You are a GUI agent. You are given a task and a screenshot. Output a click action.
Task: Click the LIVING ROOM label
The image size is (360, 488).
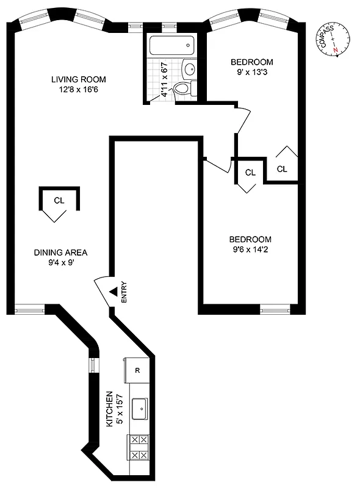(79, 79)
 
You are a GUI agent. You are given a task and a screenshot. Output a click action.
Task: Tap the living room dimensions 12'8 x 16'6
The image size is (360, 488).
(79, 90)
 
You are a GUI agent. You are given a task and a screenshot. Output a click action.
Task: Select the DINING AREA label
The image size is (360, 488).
(60, 253)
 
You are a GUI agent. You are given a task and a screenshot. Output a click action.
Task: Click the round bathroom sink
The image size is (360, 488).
(190, 68)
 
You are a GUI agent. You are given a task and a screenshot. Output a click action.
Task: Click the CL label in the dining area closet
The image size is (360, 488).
(59, 200)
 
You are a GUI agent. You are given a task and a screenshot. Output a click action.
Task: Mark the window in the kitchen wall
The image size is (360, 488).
(92, 365)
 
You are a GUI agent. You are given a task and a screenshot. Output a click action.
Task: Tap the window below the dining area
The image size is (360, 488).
(26, 309)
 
